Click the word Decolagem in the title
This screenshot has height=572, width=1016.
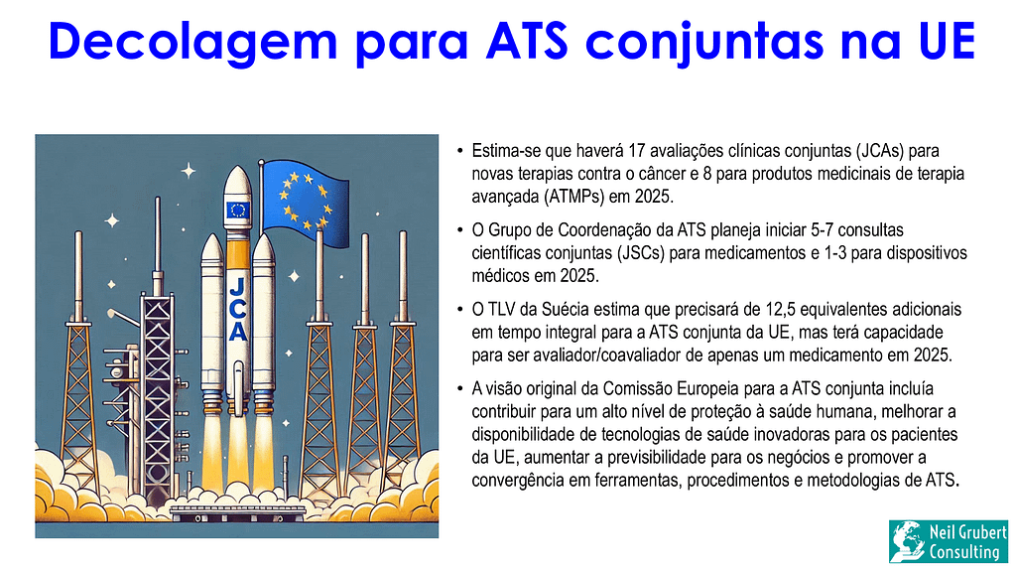pyautogui.click(x=193, y=42)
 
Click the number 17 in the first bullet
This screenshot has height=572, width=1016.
pyautogui.click(x=637, y=151)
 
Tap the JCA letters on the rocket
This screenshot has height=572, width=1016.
pyautogui.click(x=238, y=310)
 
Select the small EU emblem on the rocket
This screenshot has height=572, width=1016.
pyautogui.click(x=238, y=210)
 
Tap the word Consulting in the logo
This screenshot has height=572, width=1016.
pyautogui.click(x=964, y=552)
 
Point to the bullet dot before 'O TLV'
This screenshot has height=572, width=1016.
pyautogui.click(x=459, y=310)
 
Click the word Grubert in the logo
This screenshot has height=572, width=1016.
pyautogui.click(x=985, y=533)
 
